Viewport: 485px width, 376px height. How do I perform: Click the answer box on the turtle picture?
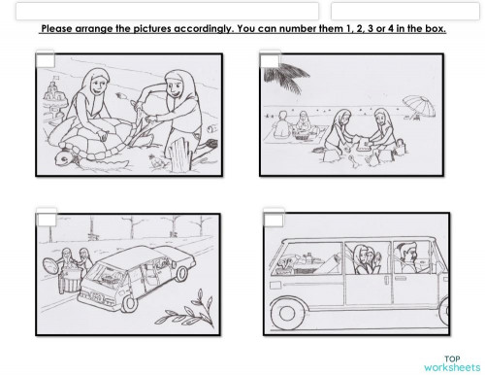[x=45, y=61]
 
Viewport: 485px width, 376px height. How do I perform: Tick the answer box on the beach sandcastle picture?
[x=271, y=61]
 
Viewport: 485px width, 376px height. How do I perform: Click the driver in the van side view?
[x=407, y=256]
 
